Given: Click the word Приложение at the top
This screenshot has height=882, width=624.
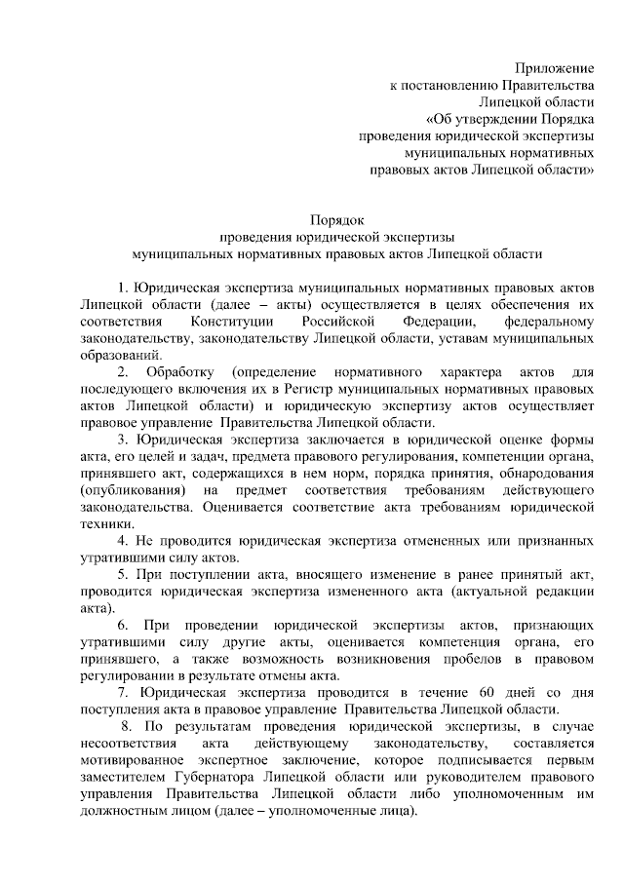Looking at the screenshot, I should (554, 67).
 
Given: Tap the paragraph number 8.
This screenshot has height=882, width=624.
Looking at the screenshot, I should (125, 726).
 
